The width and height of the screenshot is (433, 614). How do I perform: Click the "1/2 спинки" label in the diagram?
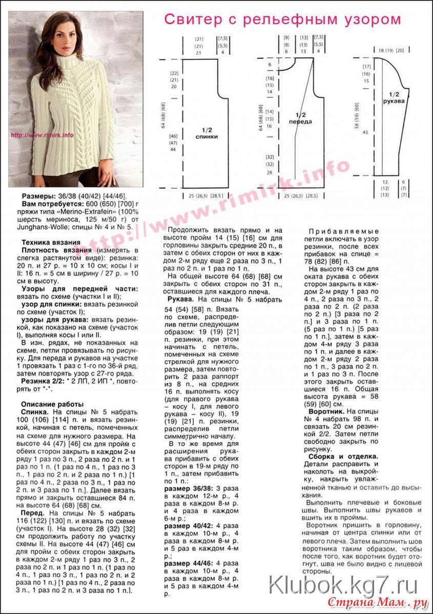point(207,134)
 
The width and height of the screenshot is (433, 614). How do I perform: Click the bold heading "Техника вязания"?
point(50,242)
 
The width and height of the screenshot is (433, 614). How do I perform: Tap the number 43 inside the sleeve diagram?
point(366,132)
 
